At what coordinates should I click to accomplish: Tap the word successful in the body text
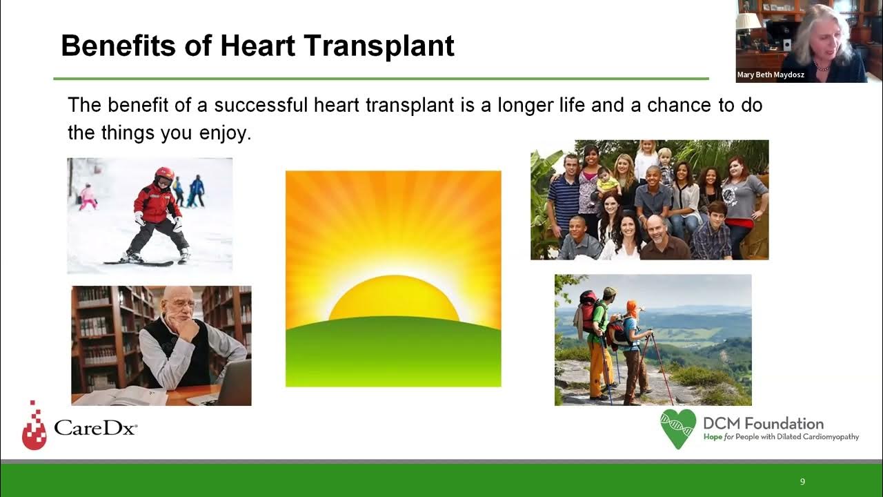click(x=260, y=106)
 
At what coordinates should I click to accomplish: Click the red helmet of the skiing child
click(x=164, y=173)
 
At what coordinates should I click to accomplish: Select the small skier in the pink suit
click(x=88, y=197)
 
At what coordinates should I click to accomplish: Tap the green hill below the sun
click(x=393, y=352)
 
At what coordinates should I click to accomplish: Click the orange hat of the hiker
click(x=631, y=308)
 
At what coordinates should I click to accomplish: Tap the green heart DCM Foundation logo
click(x=677, y=428)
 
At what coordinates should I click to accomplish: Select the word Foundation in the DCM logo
click(x=782, y=423)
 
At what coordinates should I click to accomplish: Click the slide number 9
click(x=802, y=482)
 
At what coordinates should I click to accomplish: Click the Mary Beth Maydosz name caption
click(x=766, y=75)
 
